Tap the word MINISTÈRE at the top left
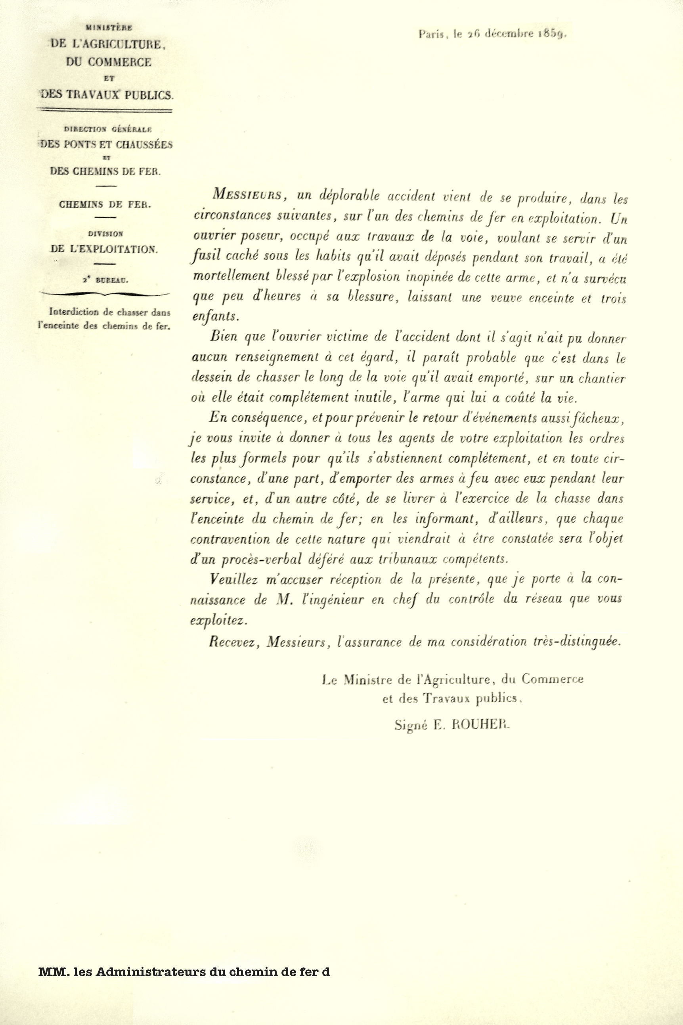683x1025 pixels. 109,27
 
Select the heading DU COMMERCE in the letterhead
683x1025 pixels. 109,62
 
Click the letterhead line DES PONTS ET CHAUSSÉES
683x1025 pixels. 106,144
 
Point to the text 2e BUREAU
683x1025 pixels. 105,280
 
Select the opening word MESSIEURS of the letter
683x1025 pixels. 247,194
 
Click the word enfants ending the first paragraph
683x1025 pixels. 215,316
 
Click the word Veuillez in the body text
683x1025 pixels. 234,579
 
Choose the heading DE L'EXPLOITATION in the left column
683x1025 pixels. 104,249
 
